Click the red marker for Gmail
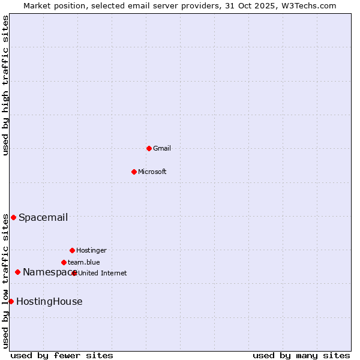coord(149,148)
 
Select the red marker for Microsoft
coord(134,172)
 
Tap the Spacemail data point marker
coord(13,217)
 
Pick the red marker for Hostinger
coord(72,250)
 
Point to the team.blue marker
coord(64,262)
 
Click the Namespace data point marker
coord(17,272)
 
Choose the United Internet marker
coord(74,273)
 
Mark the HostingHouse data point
coord(11,301)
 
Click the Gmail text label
coord(162,149)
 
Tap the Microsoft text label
coord(152,172)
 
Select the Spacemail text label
coord(43,218)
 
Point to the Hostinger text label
coord(91,251)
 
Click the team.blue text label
coord(84,263)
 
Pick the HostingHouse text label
coord(49,302)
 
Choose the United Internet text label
coord(103,274)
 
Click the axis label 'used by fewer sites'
coord(62,356)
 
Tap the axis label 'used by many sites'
coord(301,356)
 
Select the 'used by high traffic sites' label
coord(5,85)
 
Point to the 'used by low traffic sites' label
coord(5,281)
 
